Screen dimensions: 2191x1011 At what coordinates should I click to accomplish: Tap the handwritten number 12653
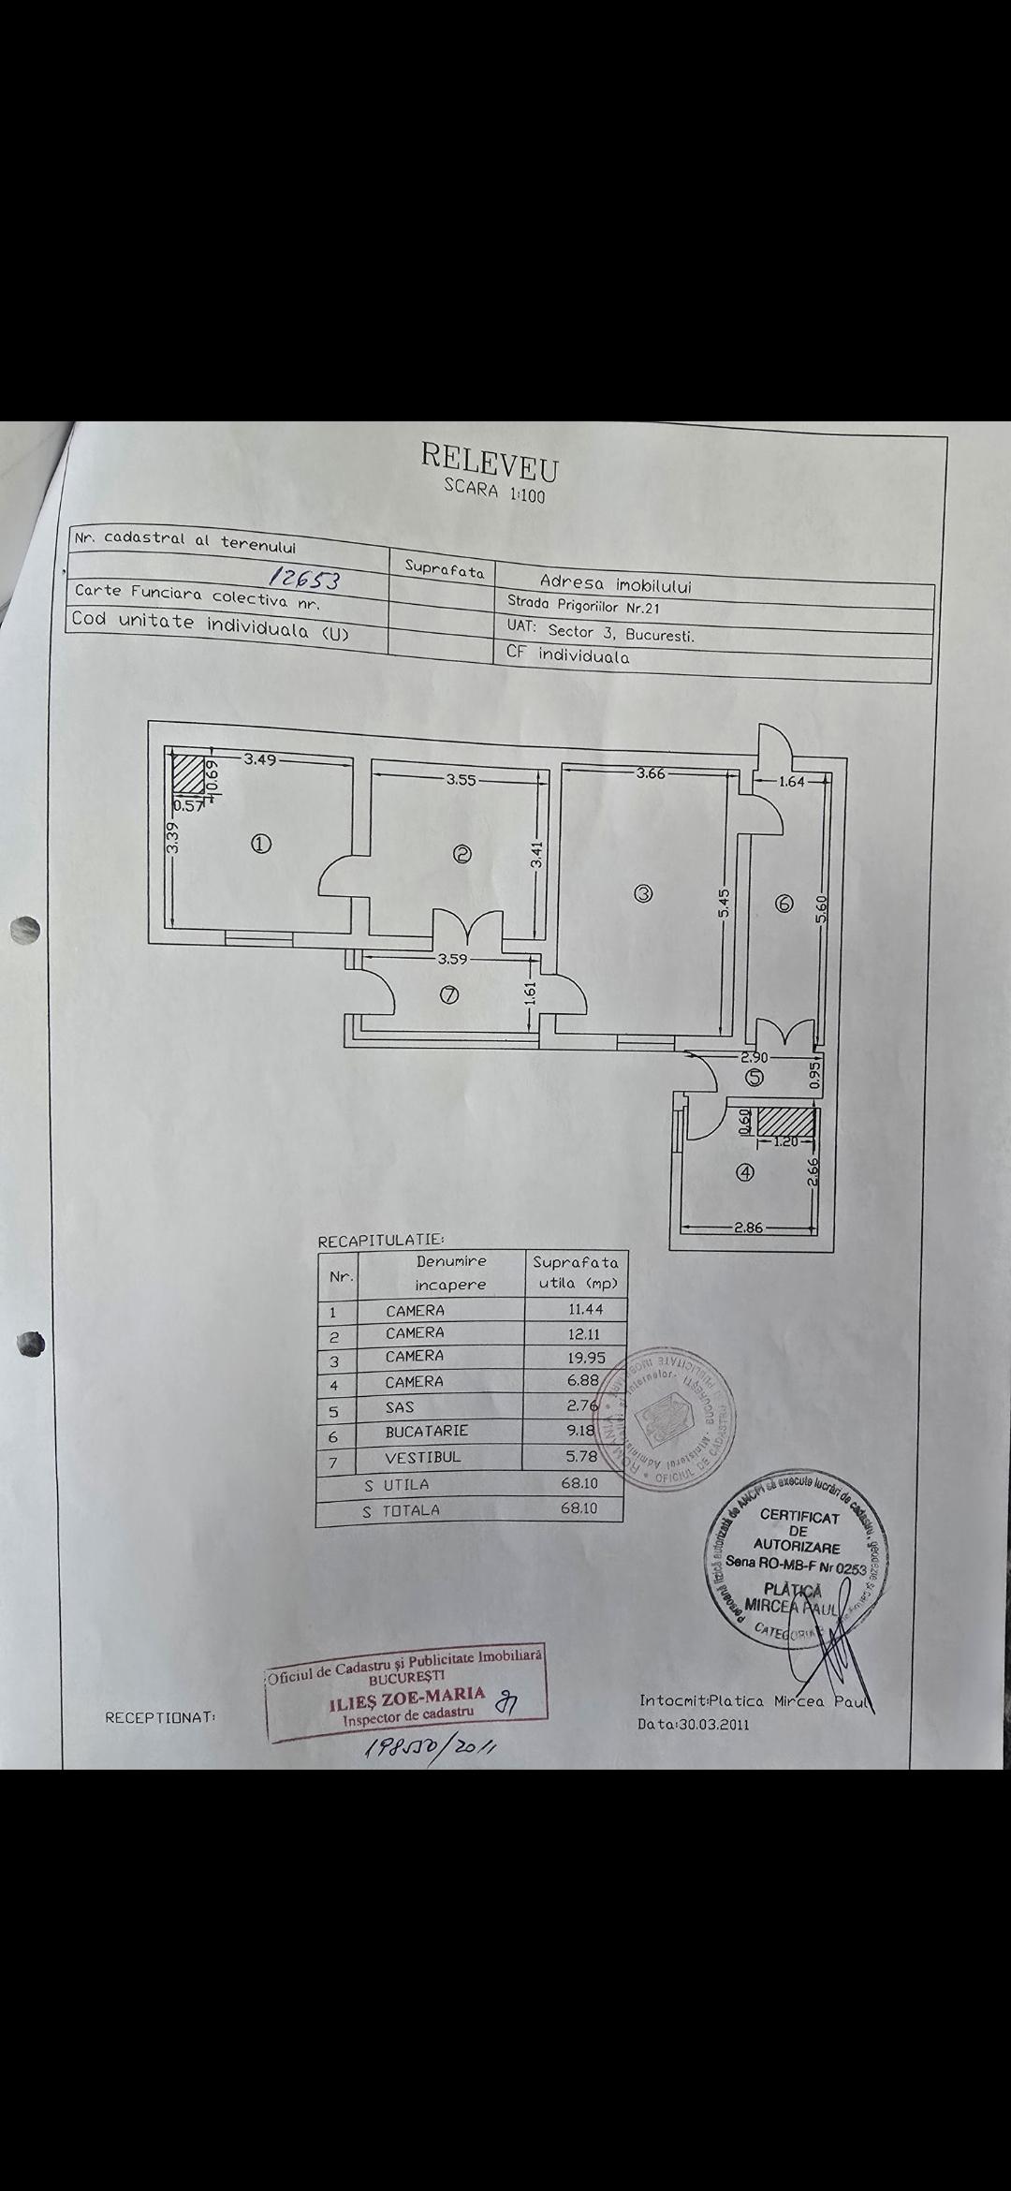click(x=303, y=578)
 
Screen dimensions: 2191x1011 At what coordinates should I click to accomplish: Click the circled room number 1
click(x=261, y=844)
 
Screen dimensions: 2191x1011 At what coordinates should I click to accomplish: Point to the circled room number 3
click(x=642, y=893)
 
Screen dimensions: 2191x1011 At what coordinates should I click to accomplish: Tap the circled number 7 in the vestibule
click(x=449, y=994)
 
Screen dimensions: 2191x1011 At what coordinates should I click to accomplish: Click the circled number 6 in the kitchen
click(x=784, y=904)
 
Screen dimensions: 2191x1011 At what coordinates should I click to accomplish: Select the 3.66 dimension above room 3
click(x=650, y=773)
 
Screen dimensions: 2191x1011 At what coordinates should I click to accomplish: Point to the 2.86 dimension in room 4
click(x=749, y=1228)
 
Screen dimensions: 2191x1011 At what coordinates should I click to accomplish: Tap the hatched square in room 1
click(x=192, y=776)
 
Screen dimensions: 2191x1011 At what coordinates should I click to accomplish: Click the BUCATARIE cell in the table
click(x=426, y=1431)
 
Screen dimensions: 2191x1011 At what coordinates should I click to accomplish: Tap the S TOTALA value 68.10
click(x=578, y=1508)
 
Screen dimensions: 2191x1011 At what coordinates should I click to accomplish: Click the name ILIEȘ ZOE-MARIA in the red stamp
click(x=406, y=1696)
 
